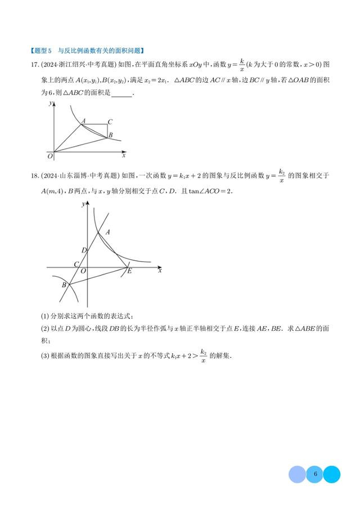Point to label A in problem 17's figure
click(x=83, y=120)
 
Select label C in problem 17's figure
click(x=110, y=121)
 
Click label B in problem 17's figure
click(x=111, y=135)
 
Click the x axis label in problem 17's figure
click(x=124, y=155)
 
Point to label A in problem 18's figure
click(x=107, y=231)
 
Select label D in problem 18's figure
click(x=84, y=250)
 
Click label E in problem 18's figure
click(x=129, y=272)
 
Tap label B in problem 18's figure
click(x=64, y=285)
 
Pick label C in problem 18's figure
click(x=76, y=264)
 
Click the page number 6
click(x=316, y=474)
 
